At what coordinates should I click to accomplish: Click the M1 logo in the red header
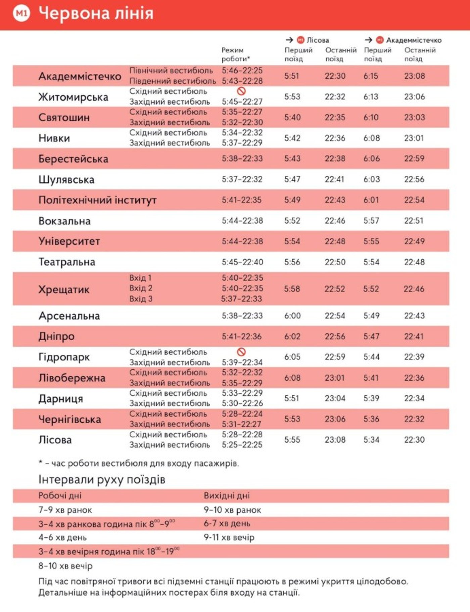click(21, 13)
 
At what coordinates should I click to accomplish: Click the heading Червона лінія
click(96, 13)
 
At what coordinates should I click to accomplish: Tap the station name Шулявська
click(66, 180)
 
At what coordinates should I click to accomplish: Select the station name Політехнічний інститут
click(97, 200)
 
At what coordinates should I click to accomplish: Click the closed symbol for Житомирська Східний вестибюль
click(241, 91)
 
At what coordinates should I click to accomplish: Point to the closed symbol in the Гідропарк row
click(241, 352)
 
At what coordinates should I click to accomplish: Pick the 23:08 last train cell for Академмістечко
click(414, 76)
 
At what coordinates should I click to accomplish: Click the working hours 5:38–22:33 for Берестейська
click(242, 159)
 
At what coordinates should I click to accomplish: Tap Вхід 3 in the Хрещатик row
click(141, 299)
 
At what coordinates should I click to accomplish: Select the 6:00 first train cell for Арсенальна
click(292, 316)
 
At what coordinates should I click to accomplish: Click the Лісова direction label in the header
click(318, 40)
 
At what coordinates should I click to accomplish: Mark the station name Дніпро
click(56, 337)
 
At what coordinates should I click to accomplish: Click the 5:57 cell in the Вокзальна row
click(371, 221)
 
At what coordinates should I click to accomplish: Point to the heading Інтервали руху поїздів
click(102, 480)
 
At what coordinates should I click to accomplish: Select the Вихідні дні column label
click(227, 496)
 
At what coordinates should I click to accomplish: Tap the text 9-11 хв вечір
click(229, 537)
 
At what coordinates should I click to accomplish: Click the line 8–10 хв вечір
click(65, 566)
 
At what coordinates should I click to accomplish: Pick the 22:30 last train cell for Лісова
click(414, 440)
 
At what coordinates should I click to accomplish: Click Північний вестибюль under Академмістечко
click(171, 71)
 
